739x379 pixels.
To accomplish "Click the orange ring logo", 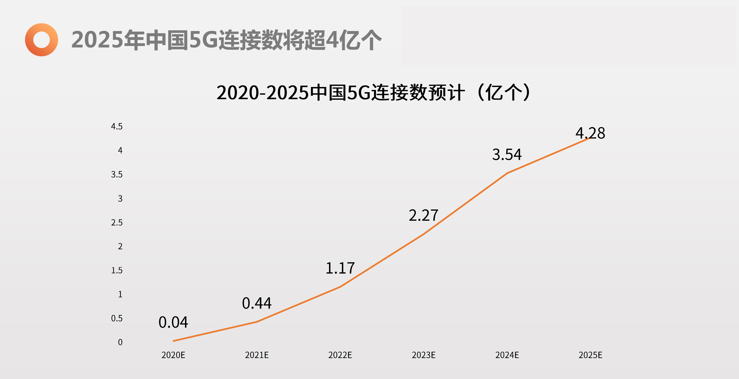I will click(41, 40).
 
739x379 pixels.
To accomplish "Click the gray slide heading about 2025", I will click(226, 40).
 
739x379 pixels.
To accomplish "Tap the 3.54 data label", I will click(507, 155).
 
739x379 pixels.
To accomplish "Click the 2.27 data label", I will click(423, 216).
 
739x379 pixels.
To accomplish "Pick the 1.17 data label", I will click(340, 268).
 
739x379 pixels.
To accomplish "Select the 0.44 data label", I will click(257, 303).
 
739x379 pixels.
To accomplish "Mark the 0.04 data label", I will click(173, 322).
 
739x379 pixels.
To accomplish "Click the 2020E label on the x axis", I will click(173, 355).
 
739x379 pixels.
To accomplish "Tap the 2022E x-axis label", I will click(340, 355).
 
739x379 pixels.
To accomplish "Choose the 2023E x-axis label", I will click(423, 355).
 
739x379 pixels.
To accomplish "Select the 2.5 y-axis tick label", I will click(117, 223).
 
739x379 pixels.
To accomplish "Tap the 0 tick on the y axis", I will click(120, 342).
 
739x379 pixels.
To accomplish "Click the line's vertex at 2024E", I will click(507, 173).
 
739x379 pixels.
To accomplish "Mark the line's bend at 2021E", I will click(257, 322).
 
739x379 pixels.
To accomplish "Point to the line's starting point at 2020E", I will click(173, 341).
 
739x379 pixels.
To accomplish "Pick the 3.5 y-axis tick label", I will click(117, 174).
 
